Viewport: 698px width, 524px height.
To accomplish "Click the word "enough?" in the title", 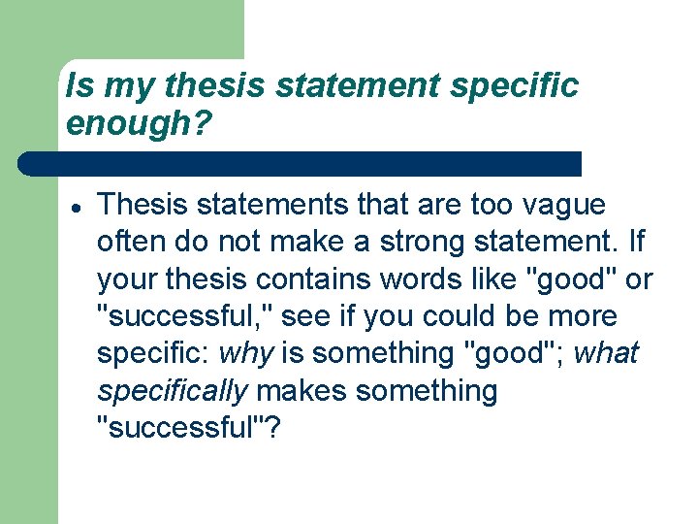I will [139, 123].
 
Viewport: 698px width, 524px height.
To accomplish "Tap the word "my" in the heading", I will [128, 86].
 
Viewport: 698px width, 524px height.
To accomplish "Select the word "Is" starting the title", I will [79, 86].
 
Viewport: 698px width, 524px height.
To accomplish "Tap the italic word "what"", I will [606, 354].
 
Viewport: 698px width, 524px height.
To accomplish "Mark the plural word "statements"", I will [260, 205].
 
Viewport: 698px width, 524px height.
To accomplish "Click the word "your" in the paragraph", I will [126, 279].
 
